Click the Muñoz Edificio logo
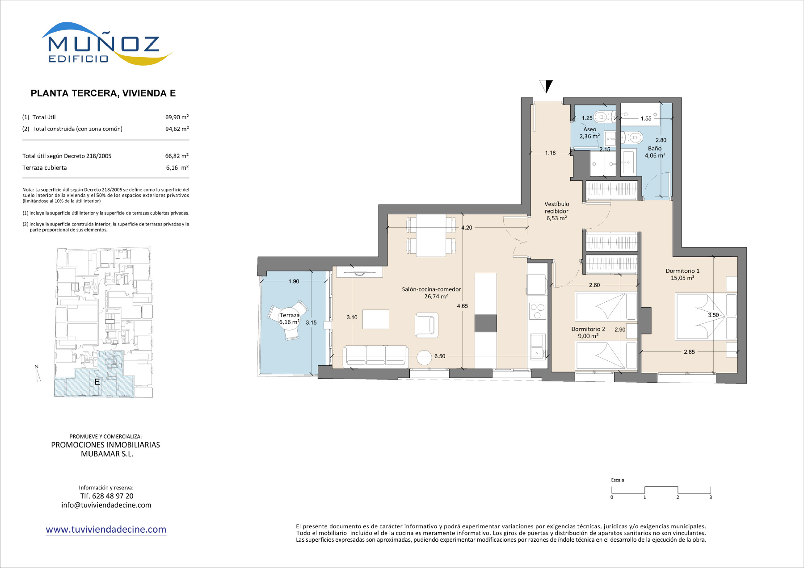pos(107,44)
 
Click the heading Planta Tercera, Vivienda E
pos(103,93)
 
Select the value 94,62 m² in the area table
pos(177,129)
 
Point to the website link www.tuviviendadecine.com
pos(106,530)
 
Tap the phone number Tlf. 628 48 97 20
pos(107,496)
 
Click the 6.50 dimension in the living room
pos(440,356)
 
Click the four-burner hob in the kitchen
pos(537,311)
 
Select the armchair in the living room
pos(426,325)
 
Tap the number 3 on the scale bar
pos(711,497)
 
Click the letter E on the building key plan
pos(97,382)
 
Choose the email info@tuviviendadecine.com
pos(106,505)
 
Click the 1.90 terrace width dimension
pos(294,281)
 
